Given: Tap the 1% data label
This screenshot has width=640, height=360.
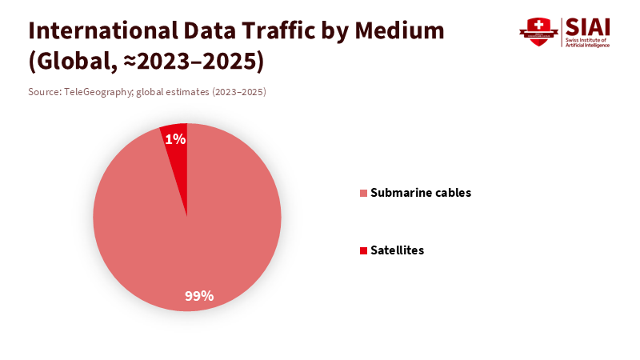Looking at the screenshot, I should [175, 139].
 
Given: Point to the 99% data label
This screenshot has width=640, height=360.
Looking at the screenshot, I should [199, 296].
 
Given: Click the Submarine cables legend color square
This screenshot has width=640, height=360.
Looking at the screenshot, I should [364, 193].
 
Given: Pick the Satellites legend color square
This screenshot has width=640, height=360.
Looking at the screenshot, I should [364, 250].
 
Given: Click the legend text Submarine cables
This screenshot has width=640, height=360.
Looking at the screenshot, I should [421, 193].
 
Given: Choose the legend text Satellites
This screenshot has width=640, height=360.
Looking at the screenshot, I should [397, 250].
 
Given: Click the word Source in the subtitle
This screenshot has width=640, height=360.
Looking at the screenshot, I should [44, 92].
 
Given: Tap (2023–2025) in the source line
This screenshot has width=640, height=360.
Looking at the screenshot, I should [238, 92].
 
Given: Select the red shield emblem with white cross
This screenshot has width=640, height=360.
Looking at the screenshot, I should [538, 32].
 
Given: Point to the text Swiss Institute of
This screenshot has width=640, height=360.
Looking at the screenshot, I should [586, 39].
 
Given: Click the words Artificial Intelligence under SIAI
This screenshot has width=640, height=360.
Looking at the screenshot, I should [588, 45].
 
